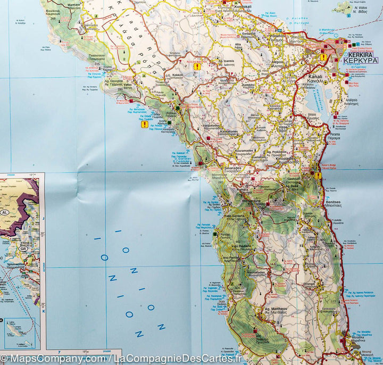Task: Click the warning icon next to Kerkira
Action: coord(322,57)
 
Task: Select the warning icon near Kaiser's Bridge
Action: coord(318,176)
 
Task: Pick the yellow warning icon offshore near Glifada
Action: coord(144,125)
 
